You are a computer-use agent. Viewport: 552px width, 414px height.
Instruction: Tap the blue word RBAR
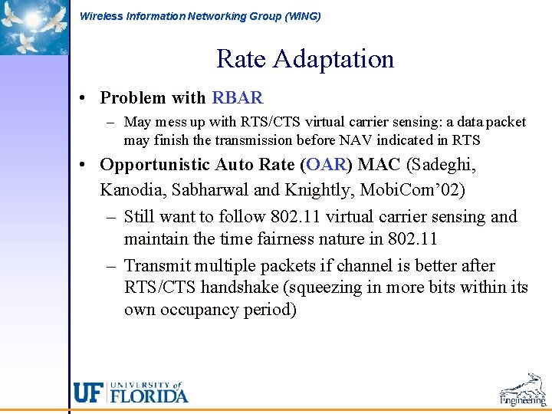pos(238,98)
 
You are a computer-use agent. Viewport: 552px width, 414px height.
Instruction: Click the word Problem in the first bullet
pos(133,98)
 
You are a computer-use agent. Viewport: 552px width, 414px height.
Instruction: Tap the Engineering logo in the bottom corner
pos(522,390)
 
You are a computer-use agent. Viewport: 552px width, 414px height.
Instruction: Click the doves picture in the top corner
pos(34,27)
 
